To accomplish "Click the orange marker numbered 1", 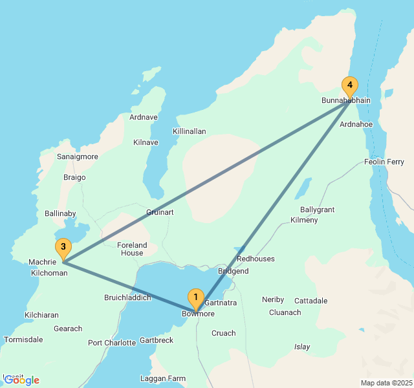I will tap(195, 299).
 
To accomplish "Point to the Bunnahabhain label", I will tap(346, 101).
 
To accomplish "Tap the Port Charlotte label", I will tap(112, 343).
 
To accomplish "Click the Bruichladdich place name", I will tap(127, 297).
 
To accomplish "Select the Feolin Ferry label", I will tap(385, 162).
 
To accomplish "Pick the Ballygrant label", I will tap(318, 210).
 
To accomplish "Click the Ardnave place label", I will tap(143, 117).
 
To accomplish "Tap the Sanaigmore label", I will tap(78, 156).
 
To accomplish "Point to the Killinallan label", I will tap(190, 131).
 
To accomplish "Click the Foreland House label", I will tap(132, 249).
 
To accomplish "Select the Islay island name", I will tap(302, 347).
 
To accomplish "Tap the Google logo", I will tap(21, 380).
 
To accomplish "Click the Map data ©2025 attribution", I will tap(386, 383).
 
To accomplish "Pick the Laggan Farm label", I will tap(163, 379).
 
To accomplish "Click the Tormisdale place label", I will tap(23, 339).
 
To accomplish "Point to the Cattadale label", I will tap(311, 301).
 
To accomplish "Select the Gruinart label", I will tap(160, 212).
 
